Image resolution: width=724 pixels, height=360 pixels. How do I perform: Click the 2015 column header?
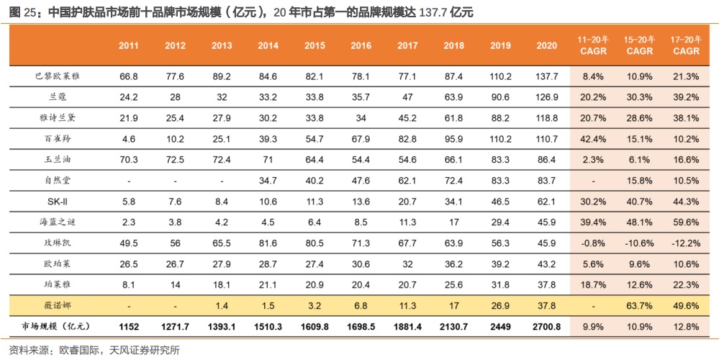tap(315, 45)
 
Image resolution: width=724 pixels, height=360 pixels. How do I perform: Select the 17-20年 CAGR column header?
tap(686, 45)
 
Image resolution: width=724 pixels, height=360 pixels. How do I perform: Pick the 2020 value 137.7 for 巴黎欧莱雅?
tap(547, 76)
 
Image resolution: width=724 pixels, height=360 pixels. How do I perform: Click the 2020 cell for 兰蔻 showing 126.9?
tap(547, 96)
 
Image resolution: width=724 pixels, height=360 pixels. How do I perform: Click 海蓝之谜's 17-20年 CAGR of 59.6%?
tap(686, 222)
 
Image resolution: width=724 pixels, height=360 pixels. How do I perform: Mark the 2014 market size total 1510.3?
tap(268, 326)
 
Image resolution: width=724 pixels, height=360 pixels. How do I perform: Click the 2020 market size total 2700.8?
tap(547, 326)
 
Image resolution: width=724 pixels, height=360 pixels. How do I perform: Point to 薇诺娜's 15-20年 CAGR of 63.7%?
tap(639, 306)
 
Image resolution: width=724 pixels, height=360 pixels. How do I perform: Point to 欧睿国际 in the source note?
tap(78, 351)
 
